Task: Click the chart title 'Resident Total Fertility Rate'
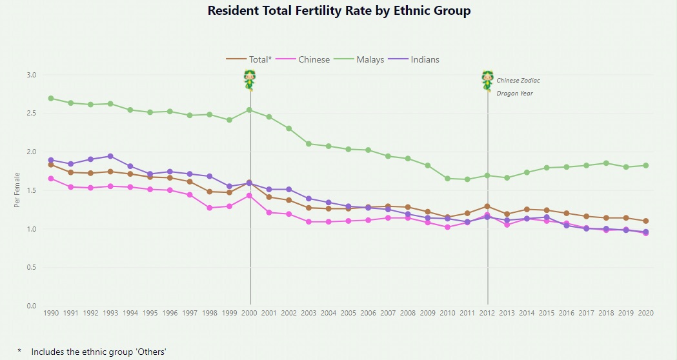click(x=339, y=11)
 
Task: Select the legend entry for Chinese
click(x=314, y=59)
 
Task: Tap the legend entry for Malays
click(x=370, y=59)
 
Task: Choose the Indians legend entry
click(x=425, y=59)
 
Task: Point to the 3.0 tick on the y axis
click(x=32, y=75)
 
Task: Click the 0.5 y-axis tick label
click(x=32, y=267)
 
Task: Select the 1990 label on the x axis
click(x=51, y=313)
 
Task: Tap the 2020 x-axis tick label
click(x=645, y=313)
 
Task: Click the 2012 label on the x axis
click(x=487, y=313)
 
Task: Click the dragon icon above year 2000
click(x=250, y=80)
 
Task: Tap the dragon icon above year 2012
click(x=487, y=80)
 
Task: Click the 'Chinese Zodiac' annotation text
click(x=518, y=81)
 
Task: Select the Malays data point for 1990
click(x=51, y=98)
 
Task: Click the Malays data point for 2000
click(x=250, y=110)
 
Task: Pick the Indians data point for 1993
click(x=110, y=156)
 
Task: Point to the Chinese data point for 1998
click(x=210, y=208)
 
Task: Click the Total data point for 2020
click(x=645, y=221)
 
